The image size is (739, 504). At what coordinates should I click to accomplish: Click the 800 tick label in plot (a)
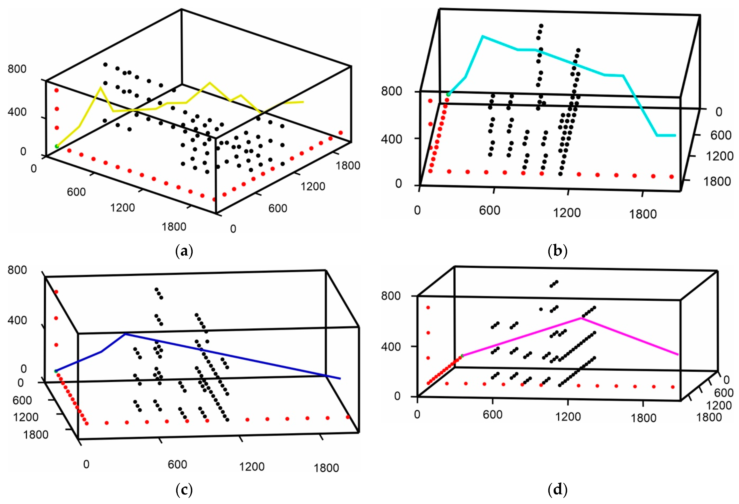coord(17,69)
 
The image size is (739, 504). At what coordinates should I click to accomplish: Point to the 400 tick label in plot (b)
coord(391,139)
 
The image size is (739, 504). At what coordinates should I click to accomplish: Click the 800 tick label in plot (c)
coord(17,270)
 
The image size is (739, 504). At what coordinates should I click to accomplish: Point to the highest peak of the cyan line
coord(483,36)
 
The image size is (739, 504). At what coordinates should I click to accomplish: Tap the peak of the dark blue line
coord(125,334)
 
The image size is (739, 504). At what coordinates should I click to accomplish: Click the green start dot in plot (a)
coord(57,146)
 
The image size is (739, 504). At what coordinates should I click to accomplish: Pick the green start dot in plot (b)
coord(448,94)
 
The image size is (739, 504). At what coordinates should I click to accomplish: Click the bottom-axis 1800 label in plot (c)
coord(326,468)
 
